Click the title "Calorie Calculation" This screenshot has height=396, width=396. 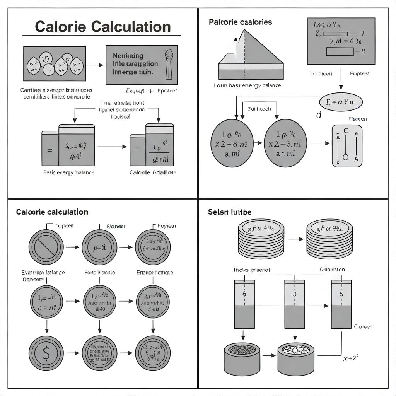[102, 27]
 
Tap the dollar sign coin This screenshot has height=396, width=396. [46, 353]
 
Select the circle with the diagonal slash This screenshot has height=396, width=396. [46, 246]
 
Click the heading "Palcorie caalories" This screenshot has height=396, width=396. [240, 22]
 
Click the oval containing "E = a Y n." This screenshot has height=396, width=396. [341, 102]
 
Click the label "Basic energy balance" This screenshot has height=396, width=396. [68, 172]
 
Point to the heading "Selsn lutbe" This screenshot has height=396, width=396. [229, 212]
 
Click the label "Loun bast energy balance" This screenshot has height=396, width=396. [247, 85]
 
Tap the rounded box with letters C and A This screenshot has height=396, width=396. [347, 146]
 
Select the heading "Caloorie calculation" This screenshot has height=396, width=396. [52, 212]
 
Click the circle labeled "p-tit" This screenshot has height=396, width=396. [99, 246]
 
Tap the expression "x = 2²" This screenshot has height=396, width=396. [351, 358]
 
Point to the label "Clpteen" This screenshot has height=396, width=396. [363, 327]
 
